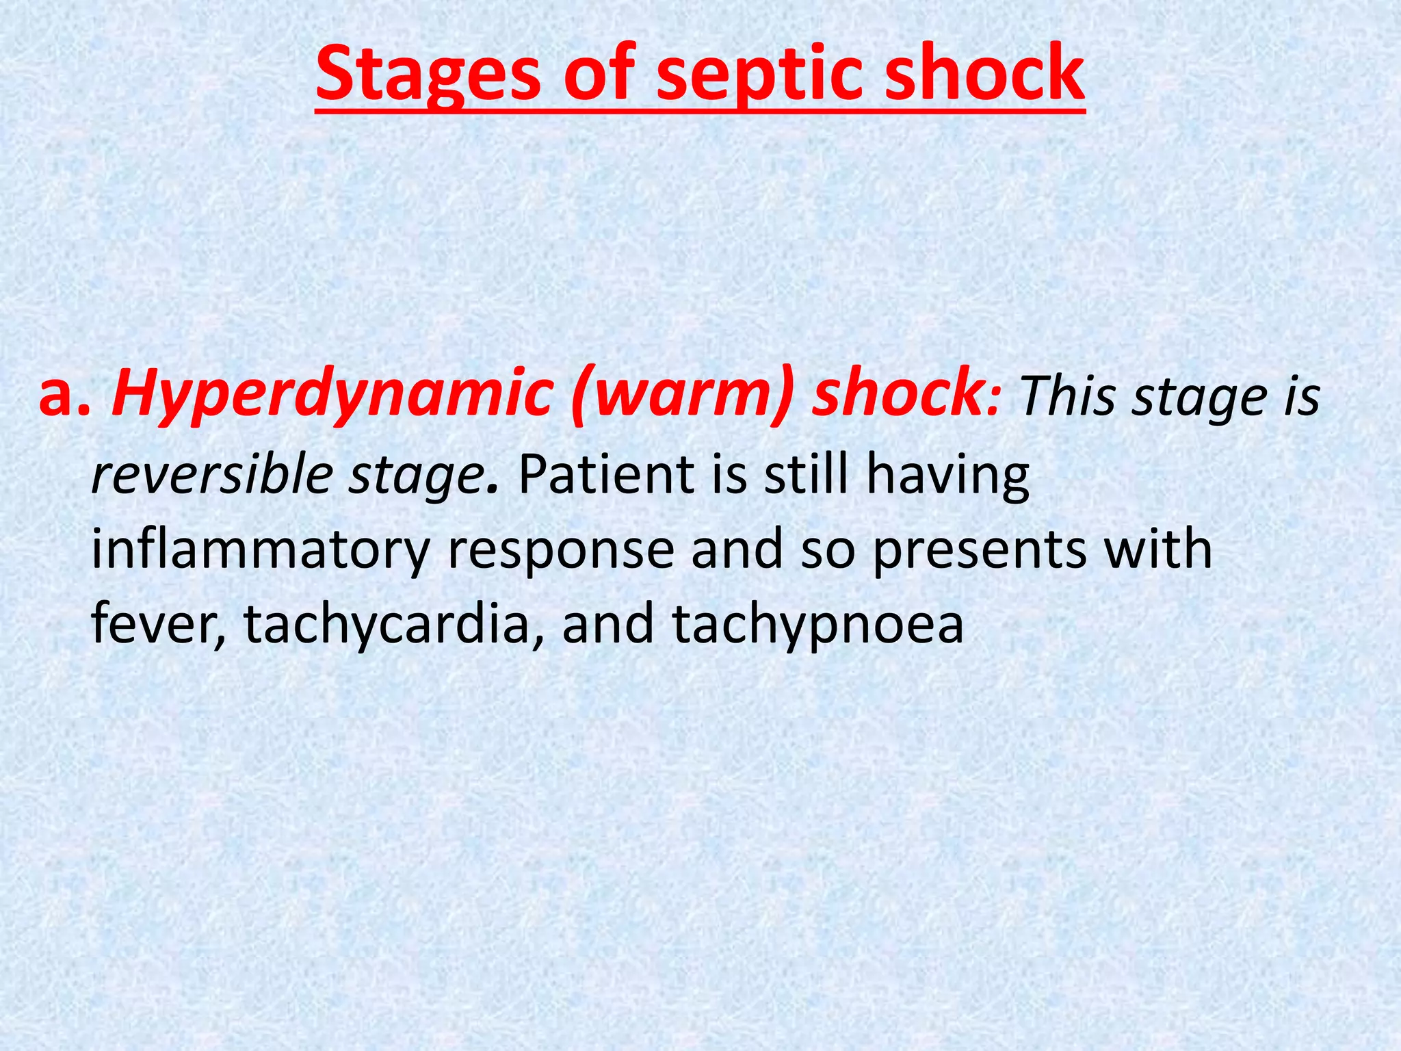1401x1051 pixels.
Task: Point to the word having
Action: (x=947, y=475)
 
